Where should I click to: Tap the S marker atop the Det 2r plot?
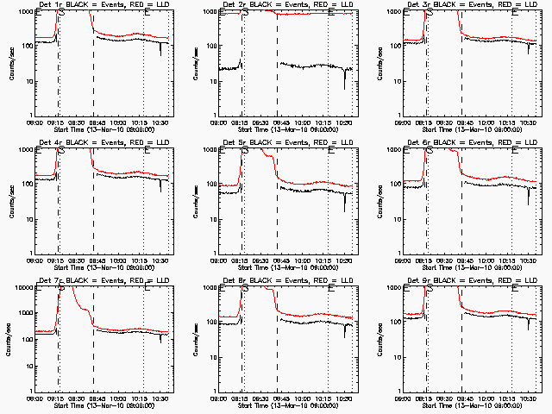click(x=245, y=12)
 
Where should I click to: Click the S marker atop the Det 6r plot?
click(x=430, y=149)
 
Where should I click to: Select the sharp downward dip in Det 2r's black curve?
click(x=344, y=85)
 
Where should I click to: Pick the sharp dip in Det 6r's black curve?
click(x=529, y=200)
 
